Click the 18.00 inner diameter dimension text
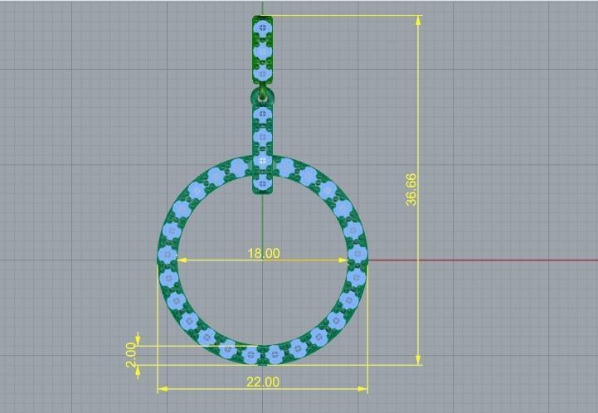pos(263,253)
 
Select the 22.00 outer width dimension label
pos(262,381)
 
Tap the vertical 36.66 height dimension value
pos(412,189)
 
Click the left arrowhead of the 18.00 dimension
pos(183,260)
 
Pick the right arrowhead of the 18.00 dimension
pos(343,260)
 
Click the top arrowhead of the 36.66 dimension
pos(418,20)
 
